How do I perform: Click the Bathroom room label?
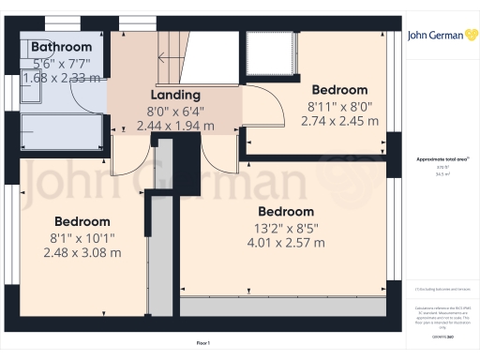tap(61, 47)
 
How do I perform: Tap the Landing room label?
tap(175, 95)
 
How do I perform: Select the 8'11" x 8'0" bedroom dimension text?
tap(339, 106)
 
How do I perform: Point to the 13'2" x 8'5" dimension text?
tap(286, 227)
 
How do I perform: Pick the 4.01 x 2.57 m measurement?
tap(286, 243)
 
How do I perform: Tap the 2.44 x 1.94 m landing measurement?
tap(175, 125)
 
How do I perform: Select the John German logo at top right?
tap(436, 37)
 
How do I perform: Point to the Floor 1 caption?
tap(202, 344)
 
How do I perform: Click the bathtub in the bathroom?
tap(62, 130)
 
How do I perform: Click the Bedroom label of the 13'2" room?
tap(286, 211)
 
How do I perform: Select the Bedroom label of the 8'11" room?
tap(339, 90)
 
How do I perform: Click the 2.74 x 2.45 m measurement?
tap(339, 121)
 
